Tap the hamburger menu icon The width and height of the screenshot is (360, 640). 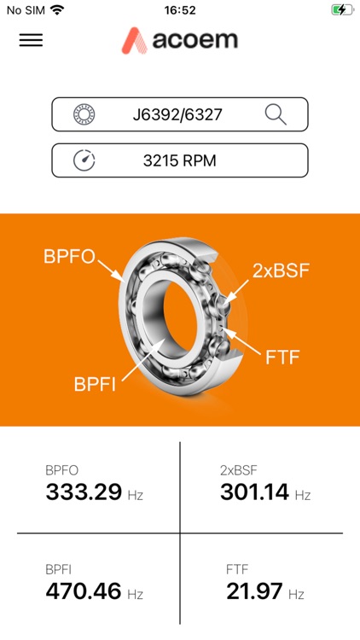[x=31, y=40]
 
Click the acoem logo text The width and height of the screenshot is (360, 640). [x=195, y=40]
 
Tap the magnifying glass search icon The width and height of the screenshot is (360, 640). [x=276, y=113]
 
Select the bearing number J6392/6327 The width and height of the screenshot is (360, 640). [x=177, y=114]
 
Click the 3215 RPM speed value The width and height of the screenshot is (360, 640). [x=181, y=160]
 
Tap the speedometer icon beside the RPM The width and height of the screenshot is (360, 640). [x=84, y=160]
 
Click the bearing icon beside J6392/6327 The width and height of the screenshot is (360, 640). [x=84, y=114]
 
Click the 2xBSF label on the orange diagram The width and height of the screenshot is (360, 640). [x=281, y=271]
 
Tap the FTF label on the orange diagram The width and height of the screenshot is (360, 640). [x=283, y=357]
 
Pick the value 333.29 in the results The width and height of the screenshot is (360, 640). [x=84, y=492]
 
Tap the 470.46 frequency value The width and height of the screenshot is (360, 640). [x=84, y=591]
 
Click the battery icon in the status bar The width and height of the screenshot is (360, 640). [x=340, y=10]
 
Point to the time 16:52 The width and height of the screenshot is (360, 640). [x=179, y=10]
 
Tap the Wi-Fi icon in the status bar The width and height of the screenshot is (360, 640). [x=57, y=10]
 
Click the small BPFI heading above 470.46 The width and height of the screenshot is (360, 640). [x=58, y=568]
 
